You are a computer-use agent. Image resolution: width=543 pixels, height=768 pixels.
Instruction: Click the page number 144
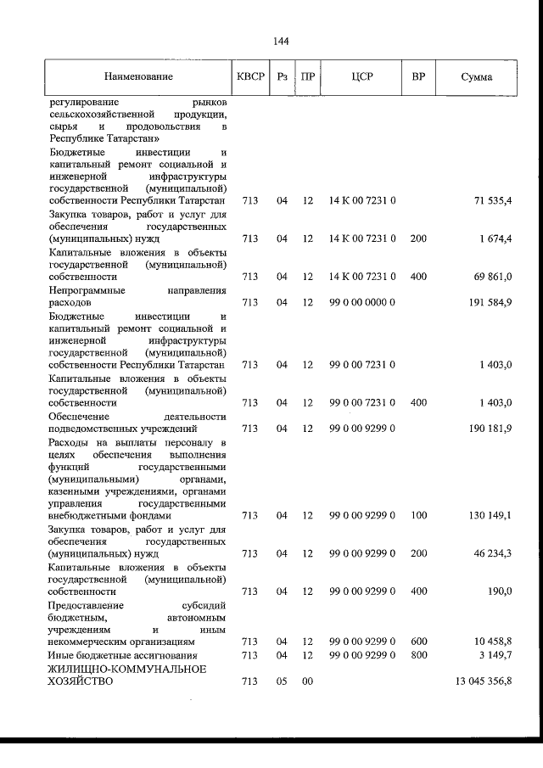(283, 41)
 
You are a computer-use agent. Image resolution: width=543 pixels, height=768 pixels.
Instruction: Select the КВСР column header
(250, 77)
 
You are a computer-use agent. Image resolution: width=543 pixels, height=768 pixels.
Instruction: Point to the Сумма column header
(476, 77)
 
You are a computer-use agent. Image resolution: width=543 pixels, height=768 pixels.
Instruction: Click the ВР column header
(418, 77)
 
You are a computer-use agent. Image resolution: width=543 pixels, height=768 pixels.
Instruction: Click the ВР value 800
(418, 654)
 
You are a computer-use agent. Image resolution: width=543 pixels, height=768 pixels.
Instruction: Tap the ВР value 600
(418, 642)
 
